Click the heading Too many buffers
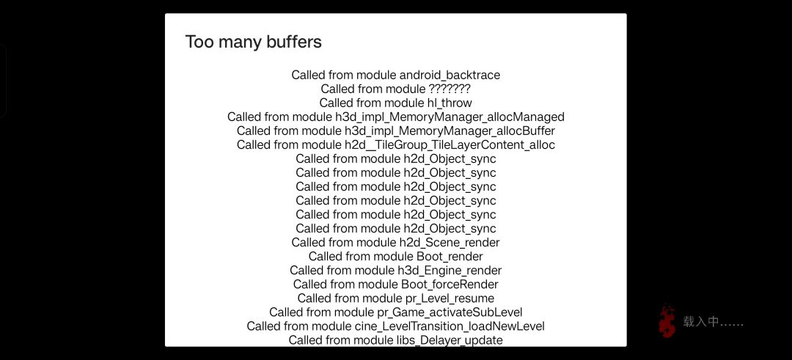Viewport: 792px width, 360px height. click(x=253, y=42)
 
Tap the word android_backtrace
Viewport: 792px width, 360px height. click(x=450, y=76)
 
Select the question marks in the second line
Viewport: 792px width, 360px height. click(x=450, y=89)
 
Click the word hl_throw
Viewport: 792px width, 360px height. click(x=446, y=103)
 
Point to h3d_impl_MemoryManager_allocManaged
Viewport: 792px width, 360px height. click(x=450, y=117)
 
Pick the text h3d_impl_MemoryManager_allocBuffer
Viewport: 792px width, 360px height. click(x=450, y=131)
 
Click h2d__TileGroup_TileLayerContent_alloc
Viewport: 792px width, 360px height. click(x=450, y=145)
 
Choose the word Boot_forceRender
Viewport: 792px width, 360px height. click(x=450, y=284)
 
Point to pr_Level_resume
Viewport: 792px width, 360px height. click(x=450, y=298)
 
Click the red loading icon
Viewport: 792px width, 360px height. click(x=667, y=321)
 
